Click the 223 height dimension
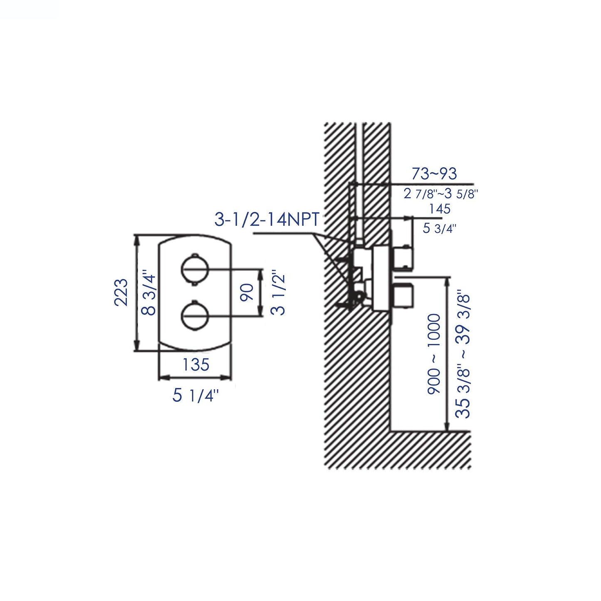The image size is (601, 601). click(121, 292)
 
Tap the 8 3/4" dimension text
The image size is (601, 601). click(149, 294)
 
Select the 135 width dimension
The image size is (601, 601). click(195, 365)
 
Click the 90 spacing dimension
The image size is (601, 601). click(247, 293)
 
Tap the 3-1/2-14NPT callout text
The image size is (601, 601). click(267, 220)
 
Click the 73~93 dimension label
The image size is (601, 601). click(434, 173)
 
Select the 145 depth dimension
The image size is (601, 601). click(440, 208)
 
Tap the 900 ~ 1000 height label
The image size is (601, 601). click(433, 354)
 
